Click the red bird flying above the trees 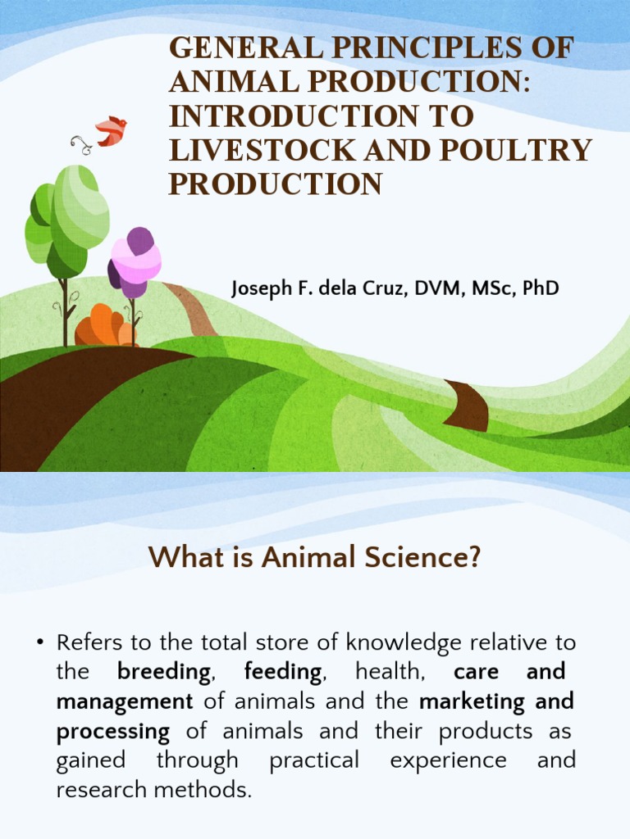[x=111, y=131]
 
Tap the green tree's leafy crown [x=70, y=213]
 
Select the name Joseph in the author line [x=259, y=288]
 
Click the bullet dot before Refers [x=39, y=644]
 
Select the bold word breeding [x=164, y=673]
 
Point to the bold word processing [x=113, y=731]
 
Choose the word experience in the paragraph [x=448, y=760]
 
